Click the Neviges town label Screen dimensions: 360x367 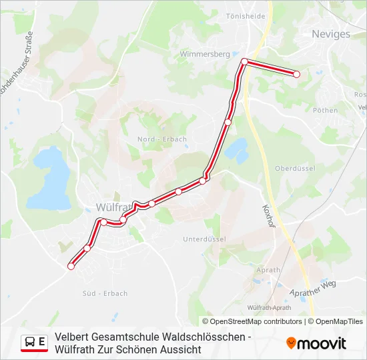click(x=331, y=34)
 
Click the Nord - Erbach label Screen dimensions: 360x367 click(x=162, y=139)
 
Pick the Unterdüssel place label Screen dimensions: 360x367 click(x=204, y=239)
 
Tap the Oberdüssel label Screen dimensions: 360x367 click(x=295, y=169)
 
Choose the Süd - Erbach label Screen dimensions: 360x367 click(x=105, y=293)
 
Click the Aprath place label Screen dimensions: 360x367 click(x=268, y=270)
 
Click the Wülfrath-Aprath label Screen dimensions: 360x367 click(x=269, y=307)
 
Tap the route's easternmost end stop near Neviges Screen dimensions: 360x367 click(x=296, y=74)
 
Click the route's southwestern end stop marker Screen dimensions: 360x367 click(x=71, y=266)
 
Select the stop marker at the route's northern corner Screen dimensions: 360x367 click(x=244, y=61)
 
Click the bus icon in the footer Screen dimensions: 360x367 click(x=30, y=342)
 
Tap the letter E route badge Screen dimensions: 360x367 click(x=42, y=342)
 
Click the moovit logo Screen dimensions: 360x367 click(x=316, y=343)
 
